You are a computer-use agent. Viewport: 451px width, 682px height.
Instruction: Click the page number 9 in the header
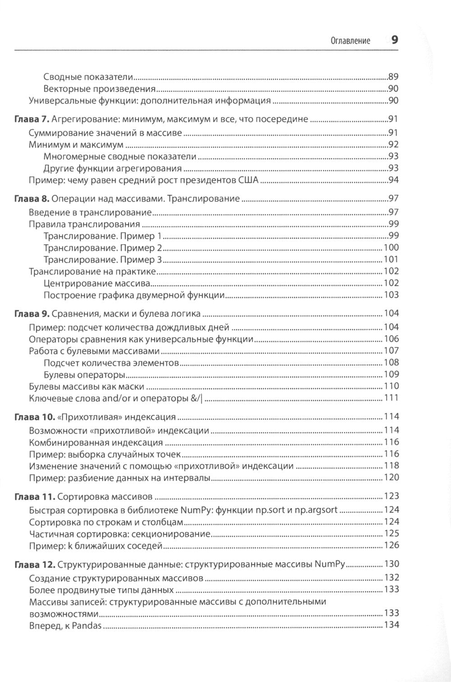click(x=394, y=40)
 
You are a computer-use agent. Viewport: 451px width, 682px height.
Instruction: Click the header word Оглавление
click(x=350, y=41)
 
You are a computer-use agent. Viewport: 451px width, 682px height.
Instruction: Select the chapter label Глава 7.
click(x=31, y=120)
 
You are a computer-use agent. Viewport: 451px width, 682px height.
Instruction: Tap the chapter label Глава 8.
click(x=31, y=199)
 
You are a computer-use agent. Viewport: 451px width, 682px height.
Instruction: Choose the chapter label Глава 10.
click(x=33, y=416)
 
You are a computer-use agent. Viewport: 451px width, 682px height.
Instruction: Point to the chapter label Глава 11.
click(x=33, y=496)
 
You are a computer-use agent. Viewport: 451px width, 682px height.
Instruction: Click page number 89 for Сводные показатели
click(x=393, y=77)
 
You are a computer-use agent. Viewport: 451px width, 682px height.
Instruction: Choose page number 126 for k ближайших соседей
click(x=391, y=545)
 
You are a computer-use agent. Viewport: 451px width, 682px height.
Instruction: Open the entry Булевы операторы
click(x=84, y=374)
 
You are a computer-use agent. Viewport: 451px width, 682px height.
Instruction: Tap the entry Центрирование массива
click(x=97, y=283)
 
